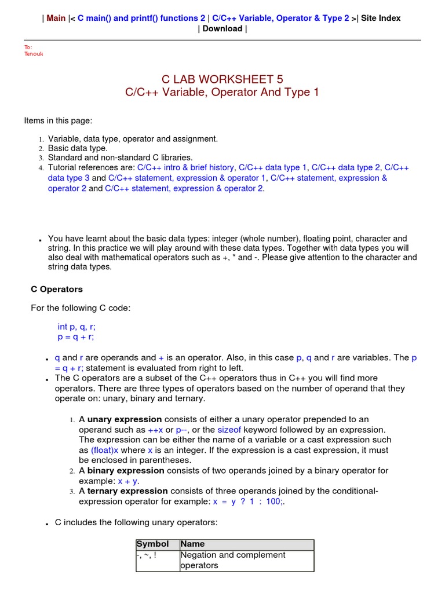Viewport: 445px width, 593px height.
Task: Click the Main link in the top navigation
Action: coord(56,18)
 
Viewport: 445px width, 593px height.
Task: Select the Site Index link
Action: coord(381,18)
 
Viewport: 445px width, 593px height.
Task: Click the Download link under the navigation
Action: coord(222,28)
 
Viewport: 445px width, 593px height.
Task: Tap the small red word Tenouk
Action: coord(34,54)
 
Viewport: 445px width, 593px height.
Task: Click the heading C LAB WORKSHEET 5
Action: coord(222,79)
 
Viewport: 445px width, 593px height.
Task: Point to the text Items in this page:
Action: coord(58,120)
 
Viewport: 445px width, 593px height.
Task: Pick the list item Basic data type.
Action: coord(78,148)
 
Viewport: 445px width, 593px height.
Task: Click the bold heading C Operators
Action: coord(57,289)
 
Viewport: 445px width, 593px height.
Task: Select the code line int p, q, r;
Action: coord(76,327)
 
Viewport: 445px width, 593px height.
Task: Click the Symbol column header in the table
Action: coord(153,544)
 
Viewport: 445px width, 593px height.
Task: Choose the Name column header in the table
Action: coord(193,544)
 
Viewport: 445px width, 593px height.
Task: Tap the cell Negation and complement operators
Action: coord(233,560)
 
